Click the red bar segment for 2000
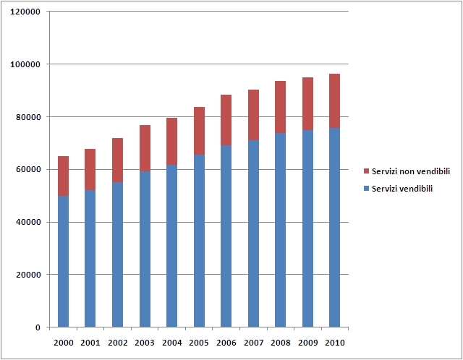click(63, 176)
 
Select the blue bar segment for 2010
click(334, 228)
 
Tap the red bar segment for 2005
click(199, 131)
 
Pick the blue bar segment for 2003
click(145, 249)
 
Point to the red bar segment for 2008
click(280, 107)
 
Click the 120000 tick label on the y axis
click(27, 12)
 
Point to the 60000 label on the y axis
click(29, 170)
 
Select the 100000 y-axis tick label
click(27, 64)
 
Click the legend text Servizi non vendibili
click(411, 171)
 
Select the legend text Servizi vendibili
click(402, 189)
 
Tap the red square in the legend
click(366, 171)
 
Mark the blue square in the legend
click(366, 189)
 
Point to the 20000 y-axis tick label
click(29, 275)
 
